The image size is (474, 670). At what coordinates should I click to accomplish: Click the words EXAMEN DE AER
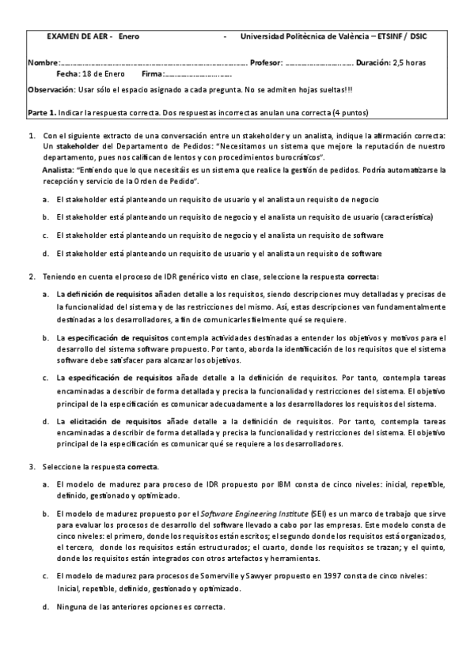(x=80, y=36)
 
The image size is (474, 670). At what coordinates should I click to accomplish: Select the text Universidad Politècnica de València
(x=305, y=36)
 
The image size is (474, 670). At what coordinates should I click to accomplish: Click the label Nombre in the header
(x=43, y=62)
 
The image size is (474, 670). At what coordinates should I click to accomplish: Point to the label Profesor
(x=266, y=62)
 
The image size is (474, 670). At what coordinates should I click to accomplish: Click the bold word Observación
(x=51, y=89)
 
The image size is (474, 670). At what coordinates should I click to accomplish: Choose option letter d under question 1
(x=46, y=254)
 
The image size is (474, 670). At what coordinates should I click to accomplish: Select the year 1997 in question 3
(x=313, y=576)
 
